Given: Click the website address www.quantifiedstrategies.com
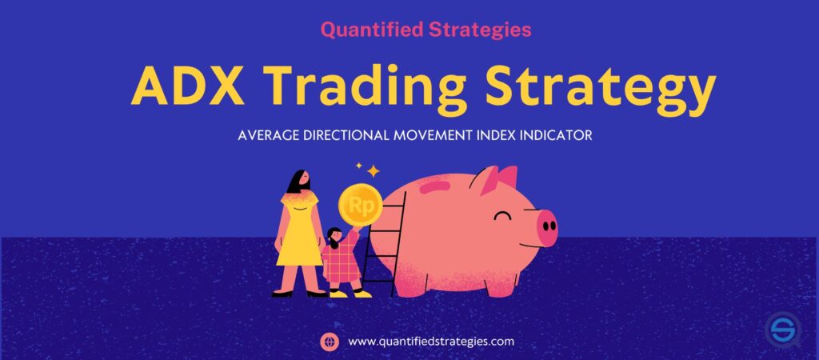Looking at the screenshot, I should pos(431,342).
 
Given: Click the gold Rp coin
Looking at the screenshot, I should pos(359,204).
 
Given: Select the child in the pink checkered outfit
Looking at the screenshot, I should pos(339,260).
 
